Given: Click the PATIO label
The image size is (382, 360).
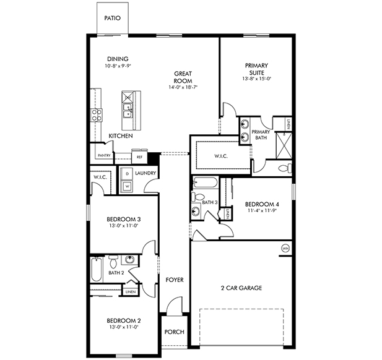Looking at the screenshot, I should [113, 19].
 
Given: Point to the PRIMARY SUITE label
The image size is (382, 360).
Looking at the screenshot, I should [257, 69].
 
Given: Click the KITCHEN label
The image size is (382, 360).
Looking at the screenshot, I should [120, 135].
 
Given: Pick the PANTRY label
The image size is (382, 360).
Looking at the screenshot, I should [104, 156].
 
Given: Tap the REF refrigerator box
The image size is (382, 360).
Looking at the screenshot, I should [139, 157].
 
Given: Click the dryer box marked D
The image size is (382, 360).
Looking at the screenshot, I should [127, 174].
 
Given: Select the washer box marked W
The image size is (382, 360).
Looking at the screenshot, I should [127, 185].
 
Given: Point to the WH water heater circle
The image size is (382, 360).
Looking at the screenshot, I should [285, 248].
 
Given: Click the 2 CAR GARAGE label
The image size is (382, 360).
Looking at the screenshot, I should [241, 288].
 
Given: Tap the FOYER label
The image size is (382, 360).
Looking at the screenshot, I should [175, 280].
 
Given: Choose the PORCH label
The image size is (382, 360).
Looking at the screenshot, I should [174, 332].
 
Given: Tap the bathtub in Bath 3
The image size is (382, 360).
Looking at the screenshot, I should [204, 183].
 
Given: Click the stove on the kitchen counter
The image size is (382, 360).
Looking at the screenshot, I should [97, 114].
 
